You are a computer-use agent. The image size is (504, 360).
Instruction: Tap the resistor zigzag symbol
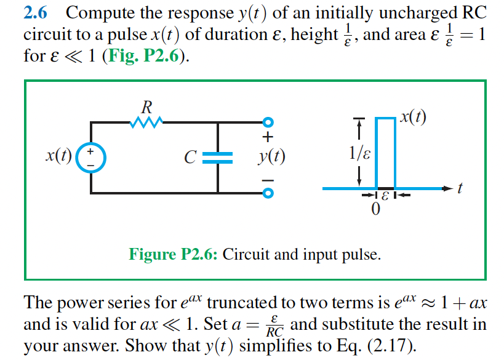(146, 122)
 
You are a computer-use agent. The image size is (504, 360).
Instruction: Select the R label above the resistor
(146, 106)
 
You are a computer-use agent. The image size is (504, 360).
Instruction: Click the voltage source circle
(92, 157)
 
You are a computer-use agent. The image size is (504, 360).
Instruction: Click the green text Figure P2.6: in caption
(173, 254)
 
